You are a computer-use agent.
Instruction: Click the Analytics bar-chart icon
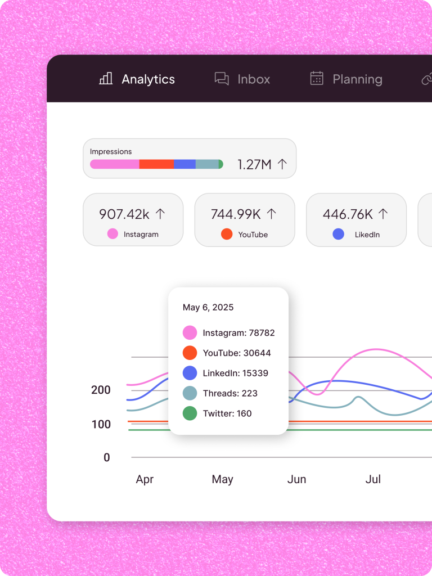click(106, 79)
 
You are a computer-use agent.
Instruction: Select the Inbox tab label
click(254, 79)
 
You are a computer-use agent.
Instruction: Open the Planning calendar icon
click(317, 78)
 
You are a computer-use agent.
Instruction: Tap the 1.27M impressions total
click(254, 164)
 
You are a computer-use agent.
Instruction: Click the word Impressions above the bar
click(111, 151)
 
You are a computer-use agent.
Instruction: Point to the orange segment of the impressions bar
click(156, 164)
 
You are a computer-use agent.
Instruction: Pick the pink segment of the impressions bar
click(115, 164)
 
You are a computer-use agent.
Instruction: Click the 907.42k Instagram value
click(124, 214)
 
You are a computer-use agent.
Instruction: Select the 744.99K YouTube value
click(236, 214)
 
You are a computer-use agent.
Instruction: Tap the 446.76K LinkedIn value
click(348, 214)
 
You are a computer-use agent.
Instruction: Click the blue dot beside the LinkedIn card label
click(339, 234)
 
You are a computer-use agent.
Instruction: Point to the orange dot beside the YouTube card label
click(227, 234)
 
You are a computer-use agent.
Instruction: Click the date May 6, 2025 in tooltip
click(208, 307)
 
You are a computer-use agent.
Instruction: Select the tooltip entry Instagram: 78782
click(238, 332)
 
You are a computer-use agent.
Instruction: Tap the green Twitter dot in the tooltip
click(190, 413)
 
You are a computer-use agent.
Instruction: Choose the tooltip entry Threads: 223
click(230, 393)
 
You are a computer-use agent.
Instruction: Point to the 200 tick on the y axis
click(101, 390)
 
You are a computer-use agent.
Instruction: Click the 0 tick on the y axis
click(107, 457)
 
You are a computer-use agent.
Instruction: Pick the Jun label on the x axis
click(296, 479)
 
